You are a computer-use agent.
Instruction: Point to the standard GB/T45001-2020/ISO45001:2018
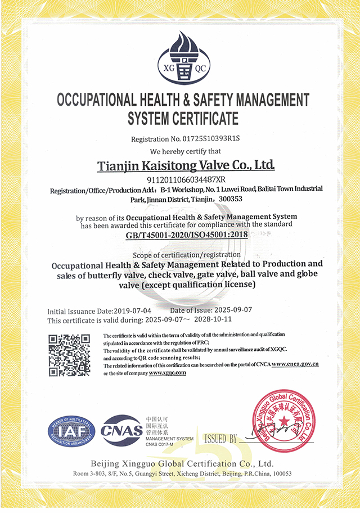[187, 235]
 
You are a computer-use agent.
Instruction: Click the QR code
[69, 355]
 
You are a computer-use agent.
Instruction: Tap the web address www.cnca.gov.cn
[295, 364]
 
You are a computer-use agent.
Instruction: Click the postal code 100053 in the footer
[280, 474]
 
